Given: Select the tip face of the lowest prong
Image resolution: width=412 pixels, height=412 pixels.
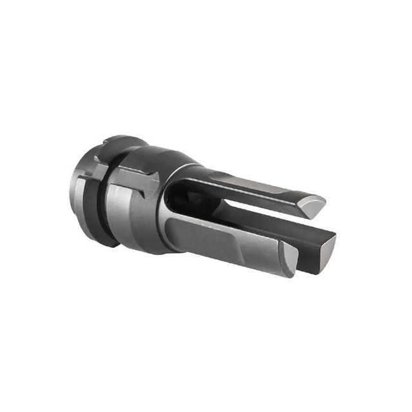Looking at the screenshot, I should pos(290,261).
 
